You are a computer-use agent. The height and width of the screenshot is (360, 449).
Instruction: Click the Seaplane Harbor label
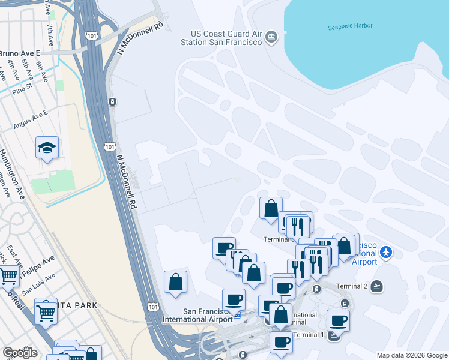click(x=350, y=26)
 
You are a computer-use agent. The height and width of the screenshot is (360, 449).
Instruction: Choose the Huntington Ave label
click(x=12, y=174)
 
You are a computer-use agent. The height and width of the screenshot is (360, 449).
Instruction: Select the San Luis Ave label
click(x=38, y=284)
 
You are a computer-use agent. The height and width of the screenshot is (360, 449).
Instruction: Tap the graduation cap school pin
click(x=46, y=148)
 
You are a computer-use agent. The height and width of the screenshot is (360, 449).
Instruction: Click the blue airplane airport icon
click(x=385, y=253)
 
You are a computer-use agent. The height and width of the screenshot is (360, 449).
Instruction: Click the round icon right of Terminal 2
click(x=376, y=286)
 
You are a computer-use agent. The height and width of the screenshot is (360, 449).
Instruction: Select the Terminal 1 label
click(x=309, y=334)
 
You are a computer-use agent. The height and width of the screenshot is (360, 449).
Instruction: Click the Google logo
click(x=20, y=353)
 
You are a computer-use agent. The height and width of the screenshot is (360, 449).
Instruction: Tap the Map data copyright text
click(x=411, y=355)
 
